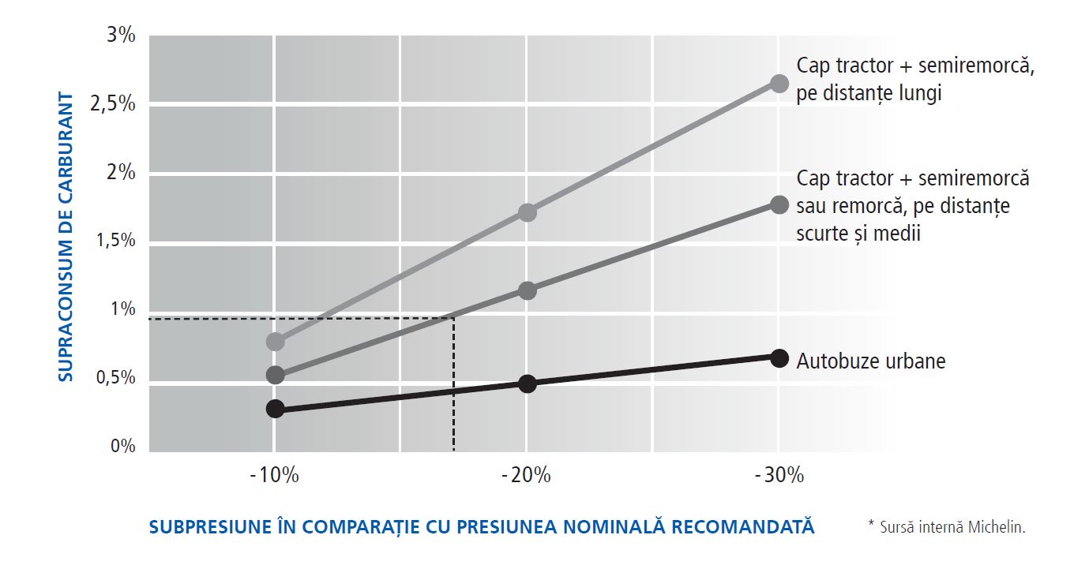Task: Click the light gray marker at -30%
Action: tap(779, 84)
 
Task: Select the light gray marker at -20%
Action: tap(528, 212)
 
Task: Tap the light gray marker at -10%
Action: tap(275, 342)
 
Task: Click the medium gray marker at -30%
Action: tap(779, 205)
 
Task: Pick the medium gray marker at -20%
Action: tap(528, 290)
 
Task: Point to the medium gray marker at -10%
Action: tap(275, 375)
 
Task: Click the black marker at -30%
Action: tap(779, 358)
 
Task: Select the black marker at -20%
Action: tap(528, 384)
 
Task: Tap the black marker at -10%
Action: tap(275, 409)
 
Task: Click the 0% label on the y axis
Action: tap(123, 447)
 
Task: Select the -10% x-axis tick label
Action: tap(274, 476)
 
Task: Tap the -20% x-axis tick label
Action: tap(527, 476)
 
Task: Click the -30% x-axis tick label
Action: tap(779, 476)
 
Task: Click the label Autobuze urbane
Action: tap(871, 361)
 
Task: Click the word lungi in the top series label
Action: tap(918, 93)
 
